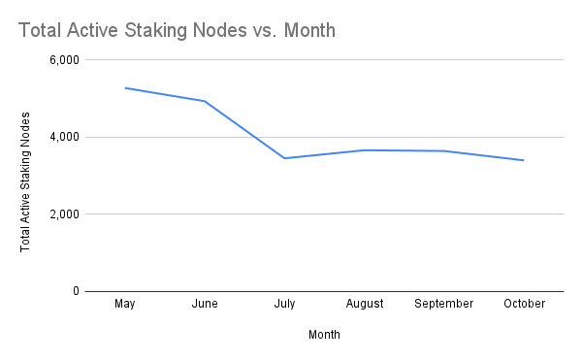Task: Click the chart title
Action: coord(177,30)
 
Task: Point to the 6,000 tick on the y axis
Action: coord(63,60)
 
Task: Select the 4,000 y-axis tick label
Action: coord(63,137)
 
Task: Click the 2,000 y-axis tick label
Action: coord(63,213)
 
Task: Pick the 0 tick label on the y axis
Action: coord(75,291)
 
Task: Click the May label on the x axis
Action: coord(124,304)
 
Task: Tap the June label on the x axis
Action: coord(204,304)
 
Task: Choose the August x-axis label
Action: coord(364,304)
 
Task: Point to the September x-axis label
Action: coord(443,304)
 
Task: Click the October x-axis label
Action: coord(524,304)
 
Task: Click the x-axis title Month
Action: coord(324,335)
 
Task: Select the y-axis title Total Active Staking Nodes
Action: coord(26,181)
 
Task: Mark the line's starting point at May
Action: coord(124,88)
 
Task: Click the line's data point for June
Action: coord(204,101)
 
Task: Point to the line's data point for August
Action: coord(364,150)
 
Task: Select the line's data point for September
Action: coord(443,151)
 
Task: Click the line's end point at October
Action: coord(524,160)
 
